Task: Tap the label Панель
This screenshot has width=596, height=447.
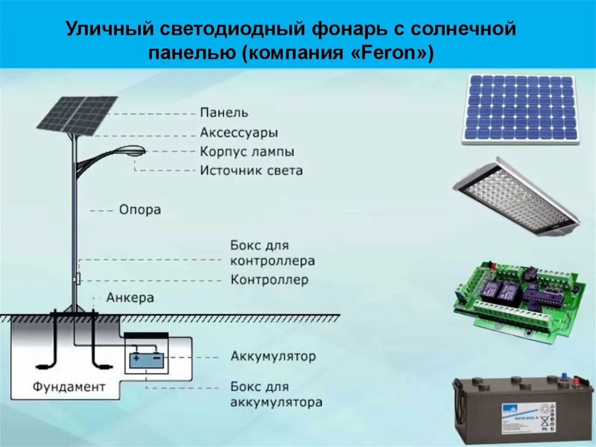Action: coord(224,112)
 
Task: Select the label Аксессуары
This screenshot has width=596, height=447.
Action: coord(239,132)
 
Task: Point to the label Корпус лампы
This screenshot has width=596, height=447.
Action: coord(247,152)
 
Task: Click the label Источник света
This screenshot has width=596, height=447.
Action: coord(251,171)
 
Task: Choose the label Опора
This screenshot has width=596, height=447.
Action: coord(140,209)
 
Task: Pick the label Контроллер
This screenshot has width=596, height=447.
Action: coord(269,280)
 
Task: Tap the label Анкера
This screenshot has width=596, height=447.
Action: coord(130,298)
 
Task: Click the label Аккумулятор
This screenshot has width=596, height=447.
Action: coord(273,356)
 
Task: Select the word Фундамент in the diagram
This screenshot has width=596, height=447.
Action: coord(69,386)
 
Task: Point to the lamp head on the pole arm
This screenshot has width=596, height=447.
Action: coord(132,151)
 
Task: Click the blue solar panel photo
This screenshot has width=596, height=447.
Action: coord(521,109)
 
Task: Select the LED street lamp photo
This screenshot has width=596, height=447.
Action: coord(516,196)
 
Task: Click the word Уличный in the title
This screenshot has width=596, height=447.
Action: coord(105,29)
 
